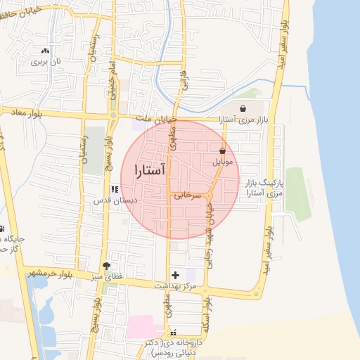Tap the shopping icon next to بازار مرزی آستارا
[x=243, y=109]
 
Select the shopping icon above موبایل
[x=223, y=150]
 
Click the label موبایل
[x=222, y=162]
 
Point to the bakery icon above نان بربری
[x=46, y=51]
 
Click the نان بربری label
[x=46, y=61]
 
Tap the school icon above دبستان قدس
[x=115, y=189]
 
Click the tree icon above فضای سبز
[x=106, y=266]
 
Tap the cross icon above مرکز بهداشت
[x=175, y=274]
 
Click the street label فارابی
[x=184, y=84]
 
